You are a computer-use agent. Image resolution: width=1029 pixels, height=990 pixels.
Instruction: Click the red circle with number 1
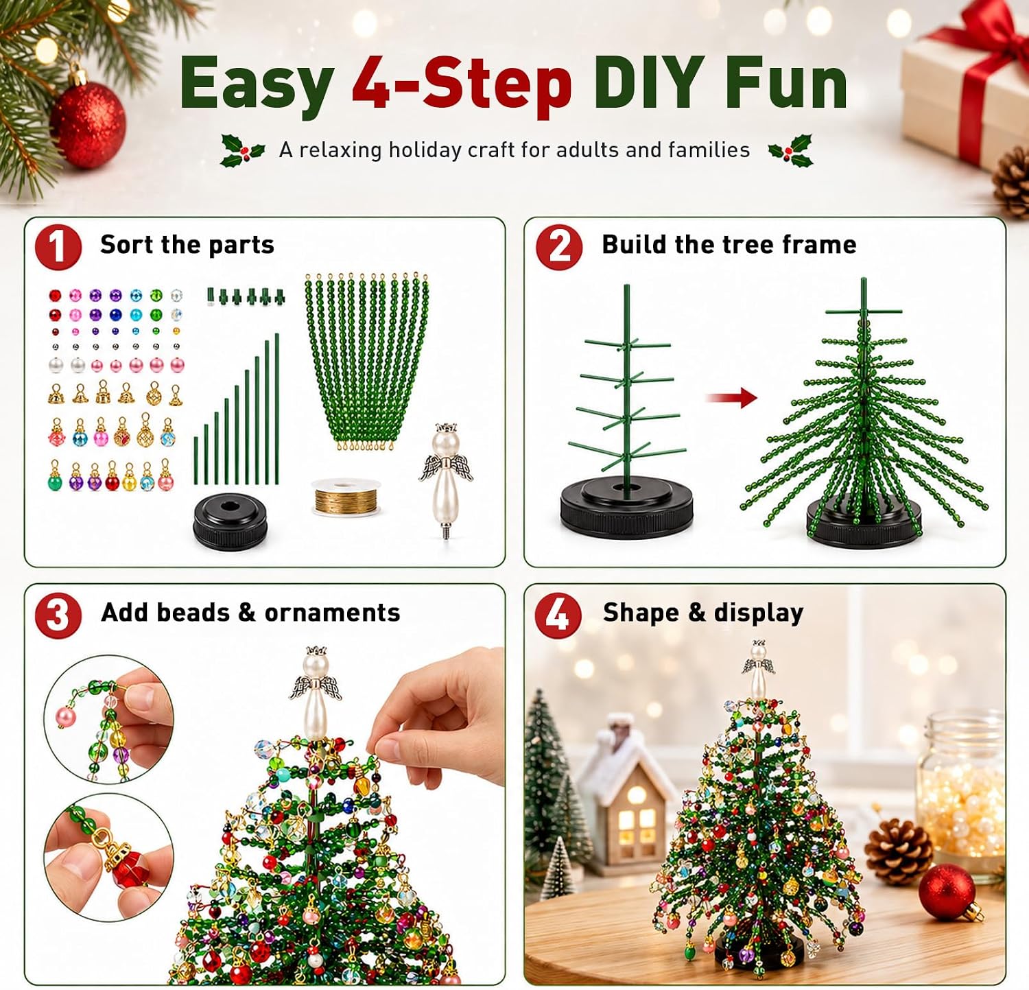click(58, 247)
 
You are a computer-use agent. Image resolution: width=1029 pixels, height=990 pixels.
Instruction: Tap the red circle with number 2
click(559, 247)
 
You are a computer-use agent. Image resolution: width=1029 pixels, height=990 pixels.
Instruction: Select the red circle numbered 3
click(58, 615)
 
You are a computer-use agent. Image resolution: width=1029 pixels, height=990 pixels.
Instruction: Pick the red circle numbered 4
click(558, 615)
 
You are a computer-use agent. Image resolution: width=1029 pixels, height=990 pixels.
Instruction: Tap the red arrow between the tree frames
click(731, 397)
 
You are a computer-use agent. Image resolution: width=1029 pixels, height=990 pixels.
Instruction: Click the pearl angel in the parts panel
click(446, 479)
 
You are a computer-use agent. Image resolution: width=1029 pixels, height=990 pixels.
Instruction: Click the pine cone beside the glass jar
click(899, 850)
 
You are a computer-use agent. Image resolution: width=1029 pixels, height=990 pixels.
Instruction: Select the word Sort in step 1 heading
click(128, 244)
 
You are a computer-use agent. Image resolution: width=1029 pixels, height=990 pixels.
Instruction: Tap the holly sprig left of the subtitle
click(242, 150)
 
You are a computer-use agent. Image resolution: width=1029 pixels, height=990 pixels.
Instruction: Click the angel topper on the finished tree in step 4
click(757, 669)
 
